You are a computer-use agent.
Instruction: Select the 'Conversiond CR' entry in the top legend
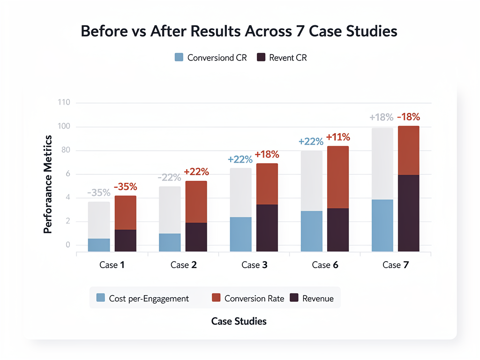(x=211, y=58)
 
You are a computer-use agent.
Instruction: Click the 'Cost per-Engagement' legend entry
(x=143, y=298)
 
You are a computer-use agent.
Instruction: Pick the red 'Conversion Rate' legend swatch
(x=216, y=298)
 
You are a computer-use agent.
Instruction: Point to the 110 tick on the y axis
(x=63, y=103)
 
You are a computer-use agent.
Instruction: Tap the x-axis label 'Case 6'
(x=325, y=265)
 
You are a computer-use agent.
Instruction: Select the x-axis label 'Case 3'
(x=255, y=265)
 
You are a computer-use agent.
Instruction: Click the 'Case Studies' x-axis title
(x=239, y=321)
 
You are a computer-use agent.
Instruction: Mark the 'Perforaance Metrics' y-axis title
(x=47, y=184)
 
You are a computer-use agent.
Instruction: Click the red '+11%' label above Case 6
(x=338, y=137)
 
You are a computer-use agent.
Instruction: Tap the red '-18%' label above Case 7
(x=408, y=117)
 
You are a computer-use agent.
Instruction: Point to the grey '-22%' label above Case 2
(x=169, y=178)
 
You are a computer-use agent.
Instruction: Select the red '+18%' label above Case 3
(x=267, y=155)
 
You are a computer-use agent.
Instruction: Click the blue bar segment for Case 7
(x=382, y=225)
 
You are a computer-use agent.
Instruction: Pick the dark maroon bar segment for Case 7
(x=408, y=213)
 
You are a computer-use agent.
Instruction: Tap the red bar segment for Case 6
(x=338, y=177)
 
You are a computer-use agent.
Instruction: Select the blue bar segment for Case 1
(x=99, y=245)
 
